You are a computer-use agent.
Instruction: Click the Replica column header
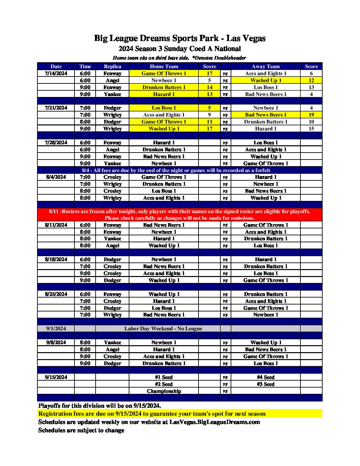112,67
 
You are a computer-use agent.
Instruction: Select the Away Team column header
265,67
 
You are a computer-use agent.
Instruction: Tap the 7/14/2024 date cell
56,73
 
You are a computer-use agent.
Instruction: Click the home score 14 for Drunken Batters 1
209,87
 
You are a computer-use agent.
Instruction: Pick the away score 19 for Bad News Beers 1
311,115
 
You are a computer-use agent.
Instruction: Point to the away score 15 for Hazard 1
311,129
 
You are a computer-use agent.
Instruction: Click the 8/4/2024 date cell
56,177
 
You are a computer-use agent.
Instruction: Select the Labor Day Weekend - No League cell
163,329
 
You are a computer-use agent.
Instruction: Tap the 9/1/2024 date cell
56,329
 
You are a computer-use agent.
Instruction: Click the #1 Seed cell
164,377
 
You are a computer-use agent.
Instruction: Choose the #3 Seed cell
265,384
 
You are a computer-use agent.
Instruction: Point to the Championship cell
164,391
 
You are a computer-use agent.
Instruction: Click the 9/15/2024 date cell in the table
56,377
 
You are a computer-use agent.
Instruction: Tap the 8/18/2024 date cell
56,259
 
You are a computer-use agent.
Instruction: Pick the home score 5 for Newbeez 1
209,80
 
